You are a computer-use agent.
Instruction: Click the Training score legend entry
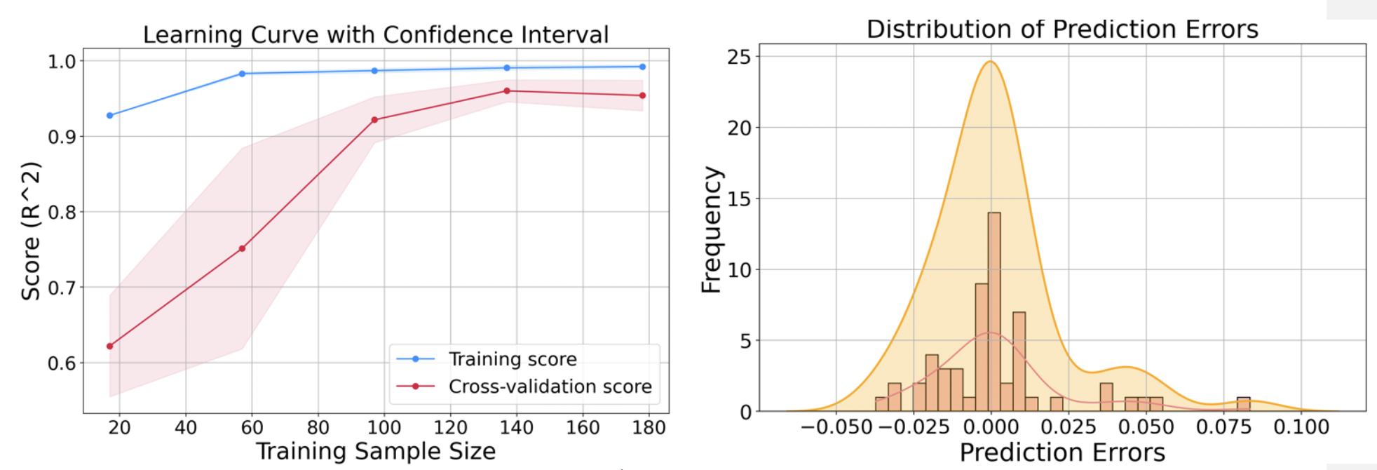(x=513, y=359)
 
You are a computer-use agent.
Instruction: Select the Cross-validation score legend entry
(x=550, y=387)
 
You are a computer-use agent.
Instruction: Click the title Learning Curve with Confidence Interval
(x=376, y=34)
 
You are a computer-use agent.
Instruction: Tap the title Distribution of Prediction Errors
(x=1062, y=29)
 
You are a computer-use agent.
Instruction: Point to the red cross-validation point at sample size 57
(x=242, y=248)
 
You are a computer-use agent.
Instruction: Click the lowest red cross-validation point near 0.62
(x=109, y=346)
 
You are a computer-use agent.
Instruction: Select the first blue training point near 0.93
(x=109, y=115)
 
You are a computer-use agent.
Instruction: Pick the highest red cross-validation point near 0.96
(x=507, y=90)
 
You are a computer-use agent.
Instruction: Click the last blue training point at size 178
(x=642, y=67)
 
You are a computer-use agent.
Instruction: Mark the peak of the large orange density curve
(x=990, y=62)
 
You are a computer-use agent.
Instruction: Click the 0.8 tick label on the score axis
(x=62, y=212)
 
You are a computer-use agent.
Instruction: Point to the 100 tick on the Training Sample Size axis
(x=384, y=427)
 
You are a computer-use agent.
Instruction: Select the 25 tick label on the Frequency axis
(x=739, y=57)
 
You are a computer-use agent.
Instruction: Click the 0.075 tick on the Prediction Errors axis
(x=1223, y=427)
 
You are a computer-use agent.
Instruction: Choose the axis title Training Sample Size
(x=376, y=451)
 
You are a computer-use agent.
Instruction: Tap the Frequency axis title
(x=711, y=229)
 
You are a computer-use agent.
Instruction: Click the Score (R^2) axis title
(x=30, y=231)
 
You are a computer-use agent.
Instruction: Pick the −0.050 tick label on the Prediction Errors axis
(x=836, y=427)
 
